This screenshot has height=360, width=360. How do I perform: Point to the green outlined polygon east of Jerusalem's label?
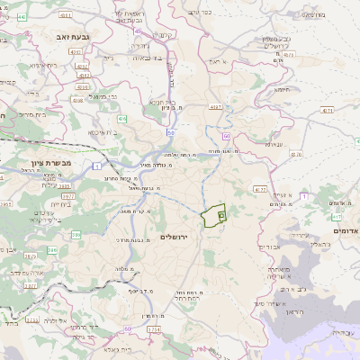point(213,217)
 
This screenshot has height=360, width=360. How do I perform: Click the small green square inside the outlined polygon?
point(221,217)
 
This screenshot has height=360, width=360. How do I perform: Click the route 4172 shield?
point(260,190)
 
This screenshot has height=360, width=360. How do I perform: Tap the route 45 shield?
point(137,31)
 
